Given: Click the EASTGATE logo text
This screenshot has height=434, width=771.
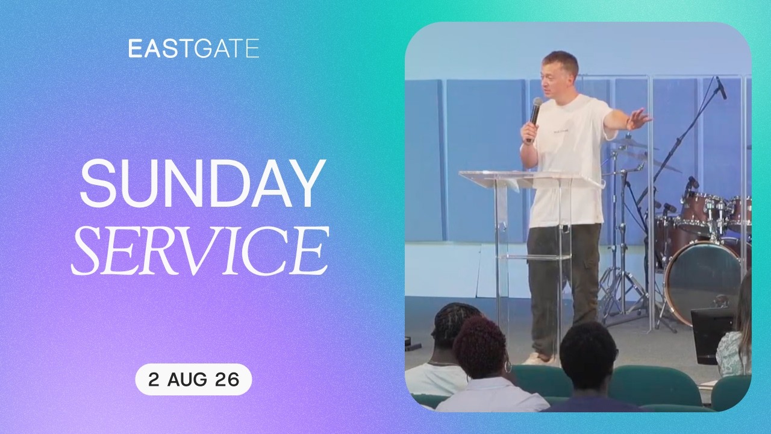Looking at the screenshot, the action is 194,48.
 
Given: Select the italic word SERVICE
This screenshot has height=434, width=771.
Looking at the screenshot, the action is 200,250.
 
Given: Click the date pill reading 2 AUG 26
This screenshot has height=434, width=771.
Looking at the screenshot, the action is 193,379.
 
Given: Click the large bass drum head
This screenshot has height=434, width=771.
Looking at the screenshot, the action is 702,283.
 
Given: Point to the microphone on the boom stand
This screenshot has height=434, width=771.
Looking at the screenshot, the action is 721,87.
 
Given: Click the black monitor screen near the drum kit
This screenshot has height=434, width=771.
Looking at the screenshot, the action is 711,336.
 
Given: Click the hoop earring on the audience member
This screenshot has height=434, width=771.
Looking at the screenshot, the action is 508,367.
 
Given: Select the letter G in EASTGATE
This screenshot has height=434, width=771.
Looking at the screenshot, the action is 201,48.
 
